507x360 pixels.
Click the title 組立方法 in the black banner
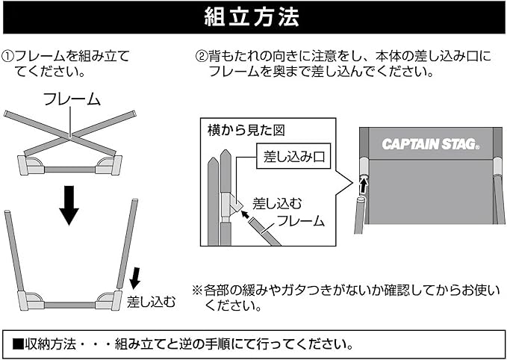252,17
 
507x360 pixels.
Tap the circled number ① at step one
8,56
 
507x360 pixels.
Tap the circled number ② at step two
201,56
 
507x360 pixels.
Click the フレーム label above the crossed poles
71,99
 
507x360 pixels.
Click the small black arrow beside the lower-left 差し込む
135,279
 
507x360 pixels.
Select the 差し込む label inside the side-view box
277,202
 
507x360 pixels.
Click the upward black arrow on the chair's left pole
363,184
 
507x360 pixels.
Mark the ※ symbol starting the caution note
197,290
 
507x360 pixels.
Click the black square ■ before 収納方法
18,345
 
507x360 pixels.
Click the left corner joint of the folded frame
31,165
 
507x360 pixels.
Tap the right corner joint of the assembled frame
108,300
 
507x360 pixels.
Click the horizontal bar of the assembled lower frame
69,303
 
